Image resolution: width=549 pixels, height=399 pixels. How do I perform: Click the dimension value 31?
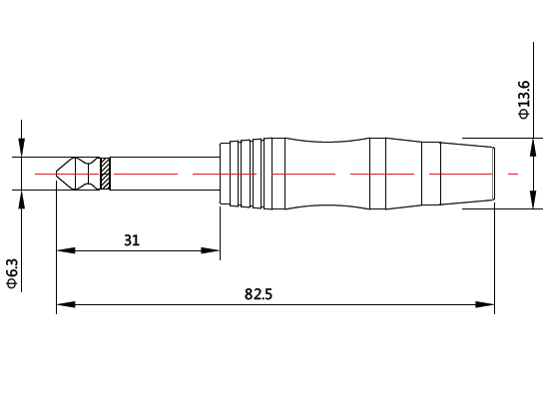coord(132,239)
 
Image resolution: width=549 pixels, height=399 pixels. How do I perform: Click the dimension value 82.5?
coord(260,294)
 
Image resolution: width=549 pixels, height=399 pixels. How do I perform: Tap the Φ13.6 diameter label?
coord(525,100)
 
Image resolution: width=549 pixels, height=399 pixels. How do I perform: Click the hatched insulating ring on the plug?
coord(106,174)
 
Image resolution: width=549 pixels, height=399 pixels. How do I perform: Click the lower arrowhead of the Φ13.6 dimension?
coord(525,202)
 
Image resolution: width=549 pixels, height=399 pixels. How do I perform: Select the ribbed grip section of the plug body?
coord(242,174)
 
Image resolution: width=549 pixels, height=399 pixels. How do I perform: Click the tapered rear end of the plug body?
coord(469,174)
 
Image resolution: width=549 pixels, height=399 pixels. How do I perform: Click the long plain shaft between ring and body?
coord(165,174)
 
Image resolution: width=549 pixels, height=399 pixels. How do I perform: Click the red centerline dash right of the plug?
coord(513,174)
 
